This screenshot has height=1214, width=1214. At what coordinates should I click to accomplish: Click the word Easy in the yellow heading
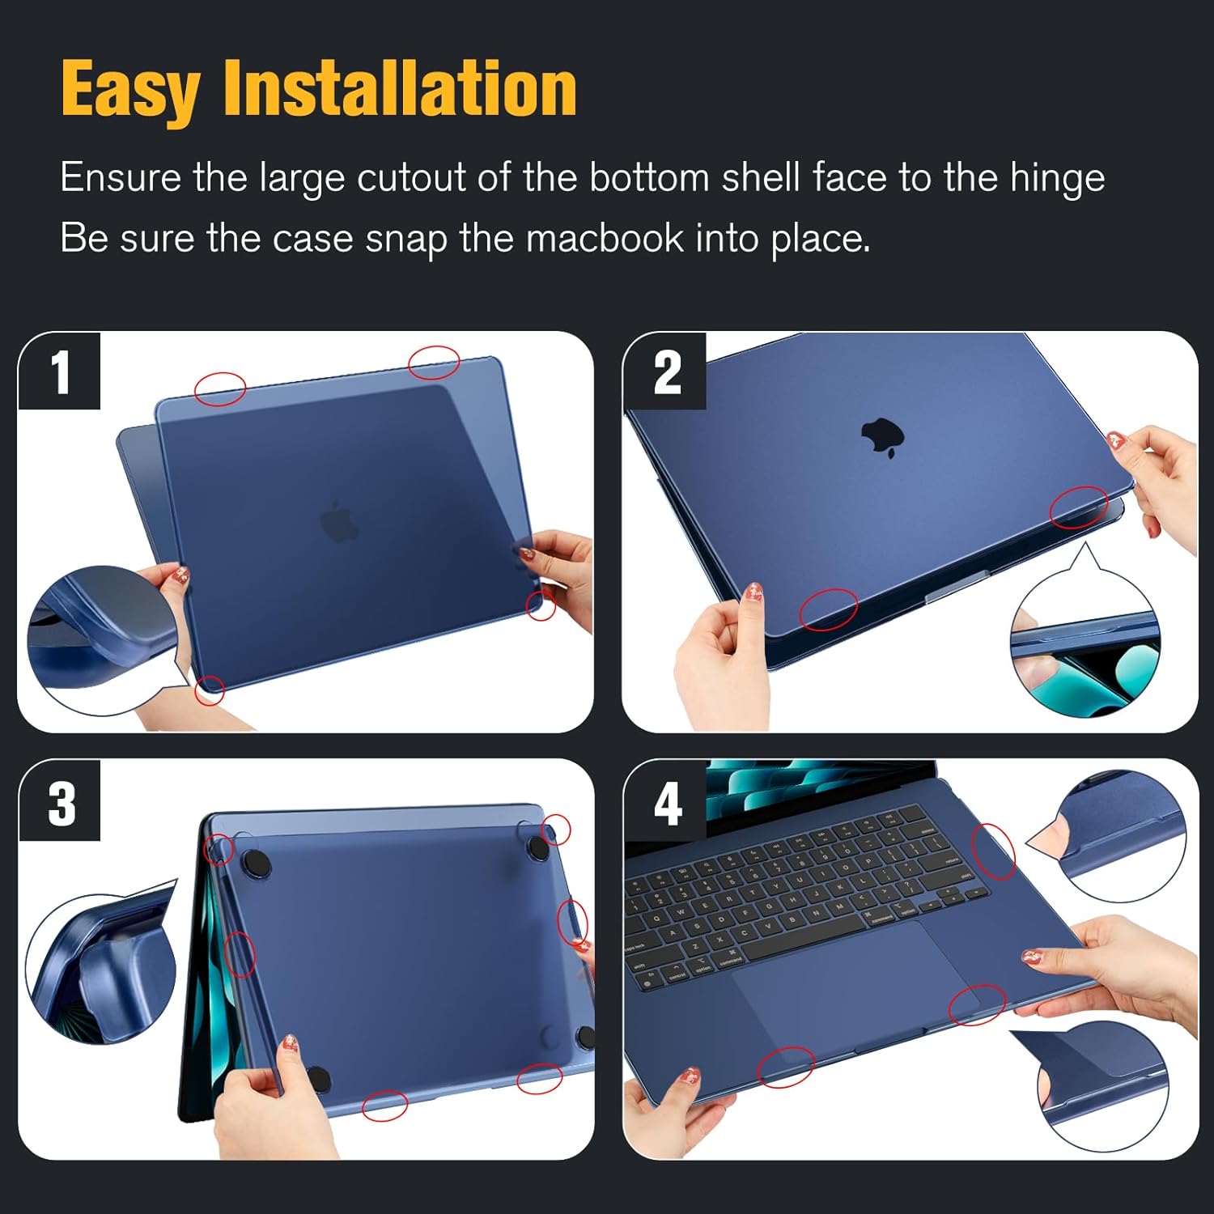(130, 90)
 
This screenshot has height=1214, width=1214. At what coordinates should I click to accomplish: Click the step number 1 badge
(60, 371)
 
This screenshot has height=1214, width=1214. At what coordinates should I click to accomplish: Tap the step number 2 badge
(665, 371)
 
